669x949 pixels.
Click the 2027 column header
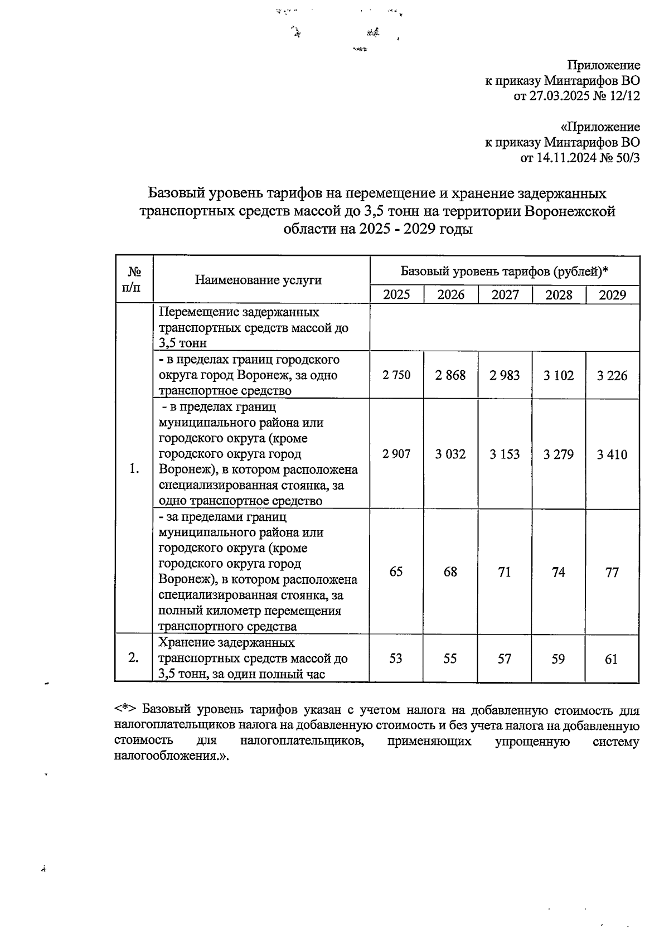[x=505, y=295]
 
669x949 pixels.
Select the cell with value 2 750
[x=396, y=375]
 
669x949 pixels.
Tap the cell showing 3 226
[x=612, y=376]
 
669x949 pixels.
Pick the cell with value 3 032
[x=450, y=454]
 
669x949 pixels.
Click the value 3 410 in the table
[x=612, y=454]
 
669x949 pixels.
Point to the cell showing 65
[x=396, y=572]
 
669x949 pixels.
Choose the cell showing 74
[x=558, y=572]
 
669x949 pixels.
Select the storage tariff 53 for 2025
[x=395, y=659]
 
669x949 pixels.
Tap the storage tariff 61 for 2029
[x=612, y=660]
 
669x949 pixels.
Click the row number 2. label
[x=133, y=658]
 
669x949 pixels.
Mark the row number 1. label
[x=134, y=468]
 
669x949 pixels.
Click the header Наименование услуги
[x=258, y=280]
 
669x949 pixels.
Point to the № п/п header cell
[x=134, y=279]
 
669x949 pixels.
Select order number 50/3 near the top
[x=626, y=158]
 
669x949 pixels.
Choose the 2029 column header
[x=612, y=295]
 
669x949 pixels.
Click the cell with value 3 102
[x=559, y=376]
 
